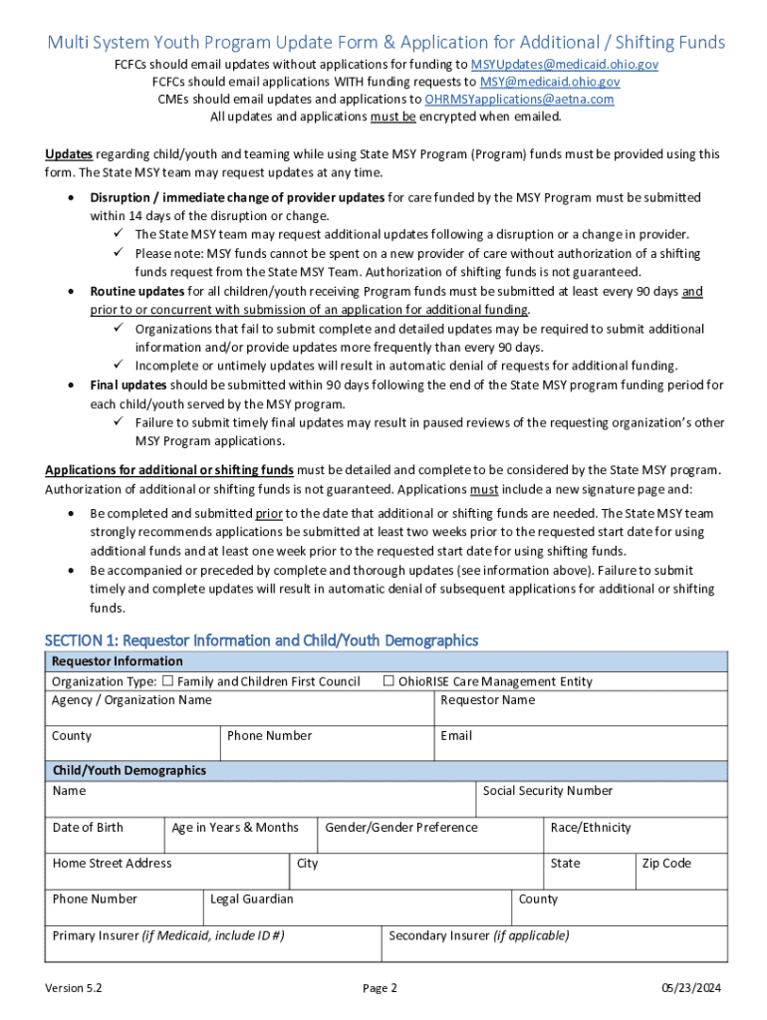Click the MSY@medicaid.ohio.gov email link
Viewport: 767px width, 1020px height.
pyautogui.click(x=550, y=82)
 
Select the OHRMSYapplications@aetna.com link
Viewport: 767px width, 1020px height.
pyautogui.click(x=519, y=100)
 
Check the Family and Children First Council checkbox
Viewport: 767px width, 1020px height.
pyautogui.click(x=168, y=681)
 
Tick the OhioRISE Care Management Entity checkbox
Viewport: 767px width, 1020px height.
pyautogui.click(x=389, y=681)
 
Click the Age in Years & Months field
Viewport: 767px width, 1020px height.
pyautogui.click(x=240, y=836)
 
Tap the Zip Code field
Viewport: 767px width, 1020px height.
pyautogui.click(x=681, y=872)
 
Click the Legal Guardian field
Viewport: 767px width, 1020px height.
pyautogui.click(x=358, y=907)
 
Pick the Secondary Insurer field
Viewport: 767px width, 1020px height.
pyautogui.click(x=554, y=944)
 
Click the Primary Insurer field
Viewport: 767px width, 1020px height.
pyautogui.click(x=213, y=944)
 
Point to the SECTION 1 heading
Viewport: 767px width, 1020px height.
pyautogui.click(x=261, y=640)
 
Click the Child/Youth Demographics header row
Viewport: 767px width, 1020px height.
pyautogui.click(x=385, y=771)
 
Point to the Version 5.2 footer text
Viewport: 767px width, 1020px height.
pyautogui.click(x=74, y=988)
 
